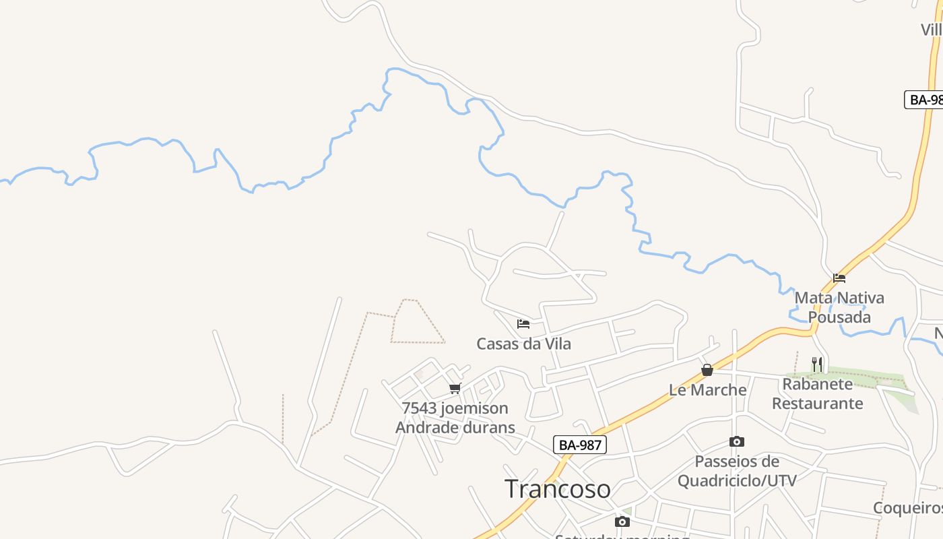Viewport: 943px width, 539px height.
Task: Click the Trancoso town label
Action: [557, 488]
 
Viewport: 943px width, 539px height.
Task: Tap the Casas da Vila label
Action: [523, 344]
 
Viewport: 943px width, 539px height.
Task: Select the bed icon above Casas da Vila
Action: [523, 324]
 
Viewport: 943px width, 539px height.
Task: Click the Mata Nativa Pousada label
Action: [839, 307]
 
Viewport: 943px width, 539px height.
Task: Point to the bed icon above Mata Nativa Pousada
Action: [839, 278]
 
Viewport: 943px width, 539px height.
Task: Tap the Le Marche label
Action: [707, 389]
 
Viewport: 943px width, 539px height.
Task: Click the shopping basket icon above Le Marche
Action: [707, 370]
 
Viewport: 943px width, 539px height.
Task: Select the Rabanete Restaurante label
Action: [817, 393]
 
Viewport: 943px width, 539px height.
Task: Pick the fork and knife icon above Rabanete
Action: [817, 364]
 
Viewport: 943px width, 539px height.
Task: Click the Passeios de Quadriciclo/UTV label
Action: [737, 471]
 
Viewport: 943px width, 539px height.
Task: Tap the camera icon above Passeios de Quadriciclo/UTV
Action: [737, 442]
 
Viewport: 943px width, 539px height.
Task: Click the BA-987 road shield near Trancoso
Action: [580, 445]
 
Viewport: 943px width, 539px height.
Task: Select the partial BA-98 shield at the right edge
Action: [924, 100]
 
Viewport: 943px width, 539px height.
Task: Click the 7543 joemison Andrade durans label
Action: [455, 418]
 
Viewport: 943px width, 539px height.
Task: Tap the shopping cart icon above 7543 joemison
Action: [455, 389]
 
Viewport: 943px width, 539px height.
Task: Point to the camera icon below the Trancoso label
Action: [622, 521]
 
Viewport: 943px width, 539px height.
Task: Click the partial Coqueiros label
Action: [908, 507]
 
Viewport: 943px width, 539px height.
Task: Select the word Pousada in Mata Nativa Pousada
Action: [839, 317]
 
